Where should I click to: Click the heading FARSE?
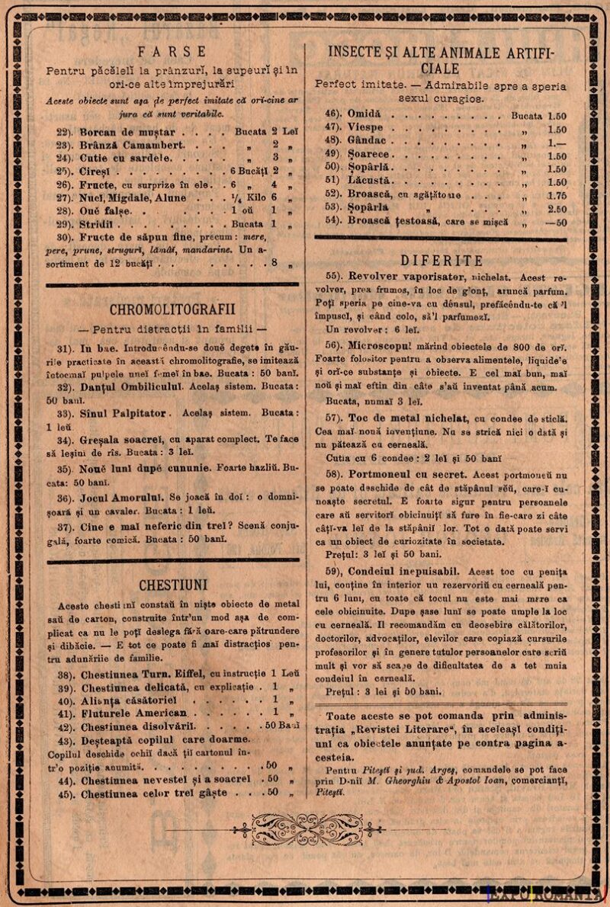point(172,52)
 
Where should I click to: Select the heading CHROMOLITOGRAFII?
point(172,309)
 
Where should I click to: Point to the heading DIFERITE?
point(441,261)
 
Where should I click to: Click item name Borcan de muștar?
point(127,132)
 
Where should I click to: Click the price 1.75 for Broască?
point(557,195)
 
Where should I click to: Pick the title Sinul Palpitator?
point(122,413)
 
